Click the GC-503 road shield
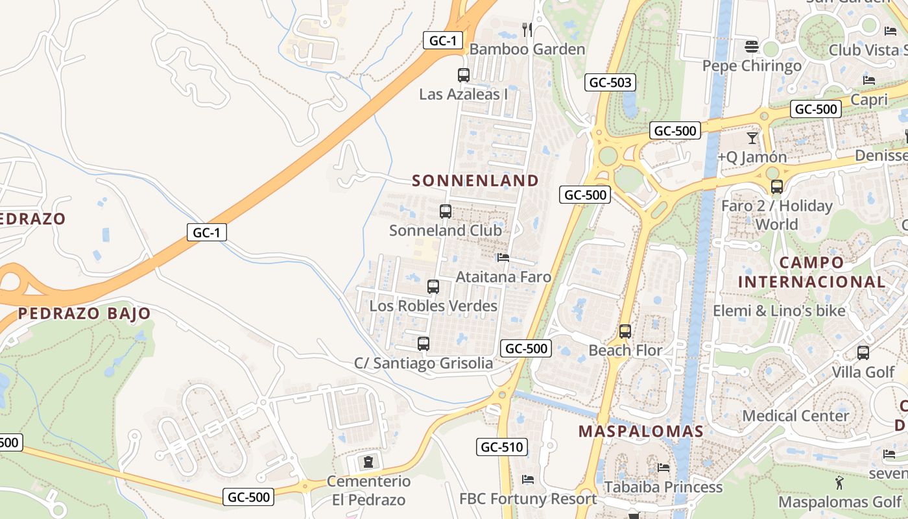610,82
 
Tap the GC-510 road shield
501,446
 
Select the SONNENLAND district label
475,180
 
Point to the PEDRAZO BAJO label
84,314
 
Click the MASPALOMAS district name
641,431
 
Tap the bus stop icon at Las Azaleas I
463,75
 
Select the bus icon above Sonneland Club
446,211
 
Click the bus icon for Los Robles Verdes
433,287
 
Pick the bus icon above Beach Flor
625,332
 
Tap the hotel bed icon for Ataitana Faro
503,258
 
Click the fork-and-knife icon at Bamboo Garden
527,29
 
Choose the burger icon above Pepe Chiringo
752,47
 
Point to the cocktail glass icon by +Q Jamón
752,138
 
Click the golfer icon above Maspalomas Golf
840,483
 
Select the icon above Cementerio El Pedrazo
368,462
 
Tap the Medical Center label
795,416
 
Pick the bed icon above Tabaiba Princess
663,467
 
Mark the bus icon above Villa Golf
863,353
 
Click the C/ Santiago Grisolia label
423,363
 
